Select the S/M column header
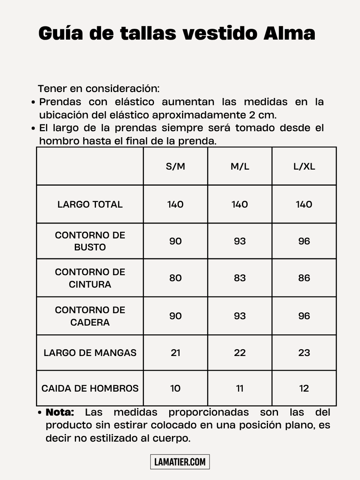click(175, 166)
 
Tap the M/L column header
click(240, 166)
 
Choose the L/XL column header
click(304, 166)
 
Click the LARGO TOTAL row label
click(90, 204)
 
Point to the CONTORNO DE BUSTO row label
click(90, 241)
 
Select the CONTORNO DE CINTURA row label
click(90, 278)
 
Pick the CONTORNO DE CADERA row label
click(90, 316)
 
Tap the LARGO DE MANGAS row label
click(90, 353)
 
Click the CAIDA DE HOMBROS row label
click(90, 388)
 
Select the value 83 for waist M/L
click(240, 278)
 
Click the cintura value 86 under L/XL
click(304, 278)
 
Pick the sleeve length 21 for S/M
click(175, 353)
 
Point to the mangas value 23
click(304, 353)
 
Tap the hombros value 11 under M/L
click(240, 388)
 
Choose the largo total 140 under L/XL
click(304, 204)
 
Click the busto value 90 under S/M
click(175, 241)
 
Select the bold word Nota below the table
click(60, 412)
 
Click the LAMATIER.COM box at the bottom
click(180, 462)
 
